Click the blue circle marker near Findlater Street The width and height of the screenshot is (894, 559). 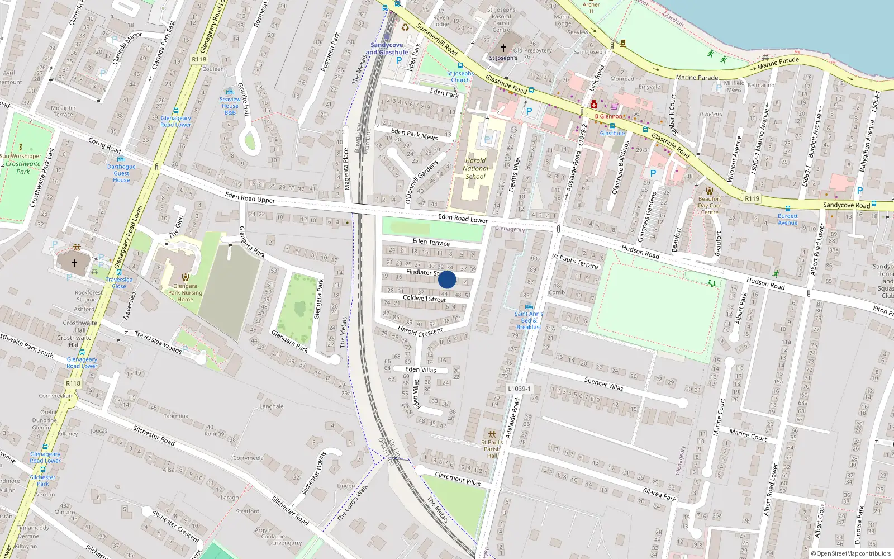tap(447, 279)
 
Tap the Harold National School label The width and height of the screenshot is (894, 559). tap(475, 168)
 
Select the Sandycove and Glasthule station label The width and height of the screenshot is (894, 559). tap(387, 49)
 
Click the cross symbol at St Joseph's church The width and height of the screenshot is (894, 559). tap(503, 49)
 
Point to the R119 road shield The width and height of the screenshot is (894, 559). tap(752, 198)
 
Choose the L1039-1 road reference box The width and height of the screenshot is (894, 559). tap(519, 389)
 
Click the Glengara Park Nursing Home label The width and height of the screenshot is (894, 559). tap(185, 292)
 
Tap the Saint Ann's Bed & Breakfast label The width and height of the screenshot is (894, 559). tap(529, 320)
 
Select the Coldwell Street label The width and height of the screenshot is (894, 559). tap(425, 299)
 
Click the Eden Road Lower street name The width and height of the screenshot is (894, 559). tap(463, 218)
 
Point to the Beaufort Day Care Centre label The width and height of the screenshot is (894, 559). tap(710, 205)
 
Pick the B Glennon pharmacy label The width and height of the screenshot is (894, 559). tap(608, 116)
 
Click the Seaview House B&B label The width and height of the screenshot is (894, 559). tap(230, 106)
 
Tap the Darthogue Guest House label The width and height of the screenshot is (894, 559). tap(121, 173)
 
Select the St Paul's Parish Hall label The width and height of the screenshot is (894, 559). tap(492, 449)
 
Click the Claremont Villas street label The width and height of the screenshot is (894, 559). tap(458, 479)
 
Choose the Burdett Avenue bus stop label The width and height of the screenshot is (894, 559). tap(788, 219)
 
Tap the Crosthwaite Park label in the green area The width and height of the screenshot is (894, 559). tap(23, 168)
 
